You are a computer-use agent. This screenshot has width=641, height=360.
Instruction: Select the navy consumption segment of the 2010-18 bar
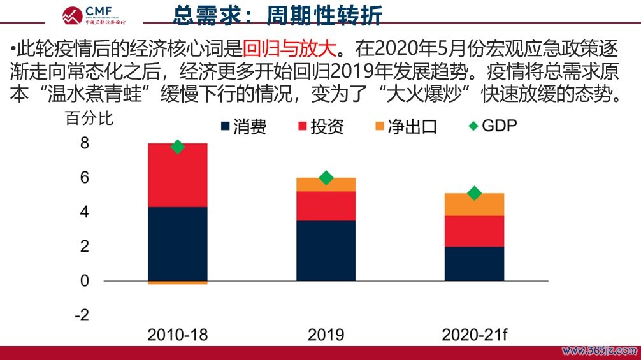178,243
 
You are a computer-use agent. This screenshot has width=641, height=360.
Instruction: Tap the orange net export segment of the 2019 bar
326,184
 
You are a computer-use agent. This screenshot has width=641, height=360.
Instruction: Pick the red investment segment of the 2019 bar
326,206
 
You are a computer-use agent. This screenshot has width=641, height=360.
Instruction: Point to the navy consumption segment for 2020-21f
474,263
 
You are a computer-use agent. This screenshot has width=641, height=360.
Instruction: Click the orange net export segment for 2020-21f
474,204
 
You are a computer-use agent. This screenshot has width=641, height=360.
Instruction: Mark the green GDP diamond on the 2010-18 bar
178,147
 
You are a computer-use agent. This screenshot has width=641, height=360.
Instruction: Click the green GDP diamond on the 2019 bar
326,178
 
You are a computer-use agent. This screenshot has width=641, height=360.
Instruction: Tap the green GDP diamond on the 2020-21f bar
474,193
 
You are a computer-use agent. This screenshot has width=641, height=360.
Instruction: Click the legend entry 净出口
405,127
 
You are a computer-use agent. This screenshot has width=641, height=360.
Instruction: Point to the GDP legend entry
491,126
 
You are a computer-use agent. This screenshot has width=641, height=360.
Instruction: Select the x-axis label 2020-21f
474,335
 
